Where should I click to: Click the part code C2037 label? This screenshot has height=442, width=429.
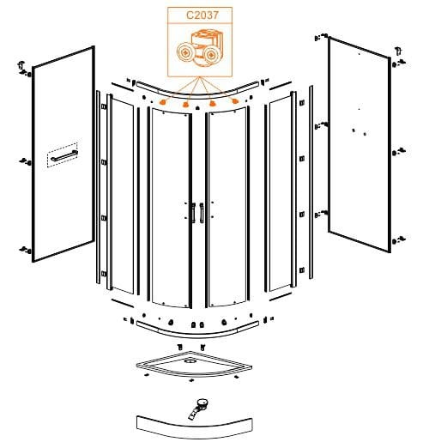(x=202, y=15)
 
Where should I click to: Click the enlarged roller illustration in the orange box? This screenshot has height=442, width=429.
(x=200, y=49)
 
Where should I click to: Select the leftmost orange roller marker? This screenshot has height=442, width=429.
(x=163, y=102)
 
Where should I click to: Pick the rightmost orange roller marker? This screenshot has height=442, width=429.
(x=235, y=101)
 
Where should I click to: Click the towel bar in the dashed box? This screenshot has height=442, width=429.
(x=64, y=155)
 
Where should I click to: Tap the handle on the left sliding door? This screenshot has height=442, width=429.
(x=194, y=212)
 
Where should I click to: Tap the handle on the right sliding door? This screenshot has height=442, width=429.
(x=202, y=212)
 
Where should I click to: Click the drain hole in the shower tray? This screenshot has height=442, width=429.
(x=189, y=361)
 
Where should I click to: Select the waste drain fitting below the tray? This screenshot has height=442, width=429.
(x=198, y=409)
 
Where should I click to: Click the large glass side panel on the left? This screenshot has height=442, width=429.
(x=63, y=154)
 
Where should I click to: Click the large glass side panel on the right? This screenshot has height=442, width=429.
(x=360, y=144)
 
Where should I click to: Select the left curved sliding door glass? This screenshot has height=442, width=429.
(x=171, y=208)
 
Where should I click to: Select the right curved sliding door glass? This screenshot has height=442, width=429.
(x=227, y=208)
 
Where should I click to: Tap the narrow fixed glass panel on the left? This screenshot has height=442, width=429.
(x=122, y=196)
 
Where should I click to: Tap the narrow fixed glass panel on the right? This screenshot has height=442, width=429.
(x=281, y=194)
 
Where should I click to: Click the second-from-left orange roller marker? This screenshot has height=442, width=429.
(x=186, y=105)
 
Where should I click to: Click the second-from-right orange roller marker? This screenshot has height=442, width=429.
(x=212, y=104)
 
